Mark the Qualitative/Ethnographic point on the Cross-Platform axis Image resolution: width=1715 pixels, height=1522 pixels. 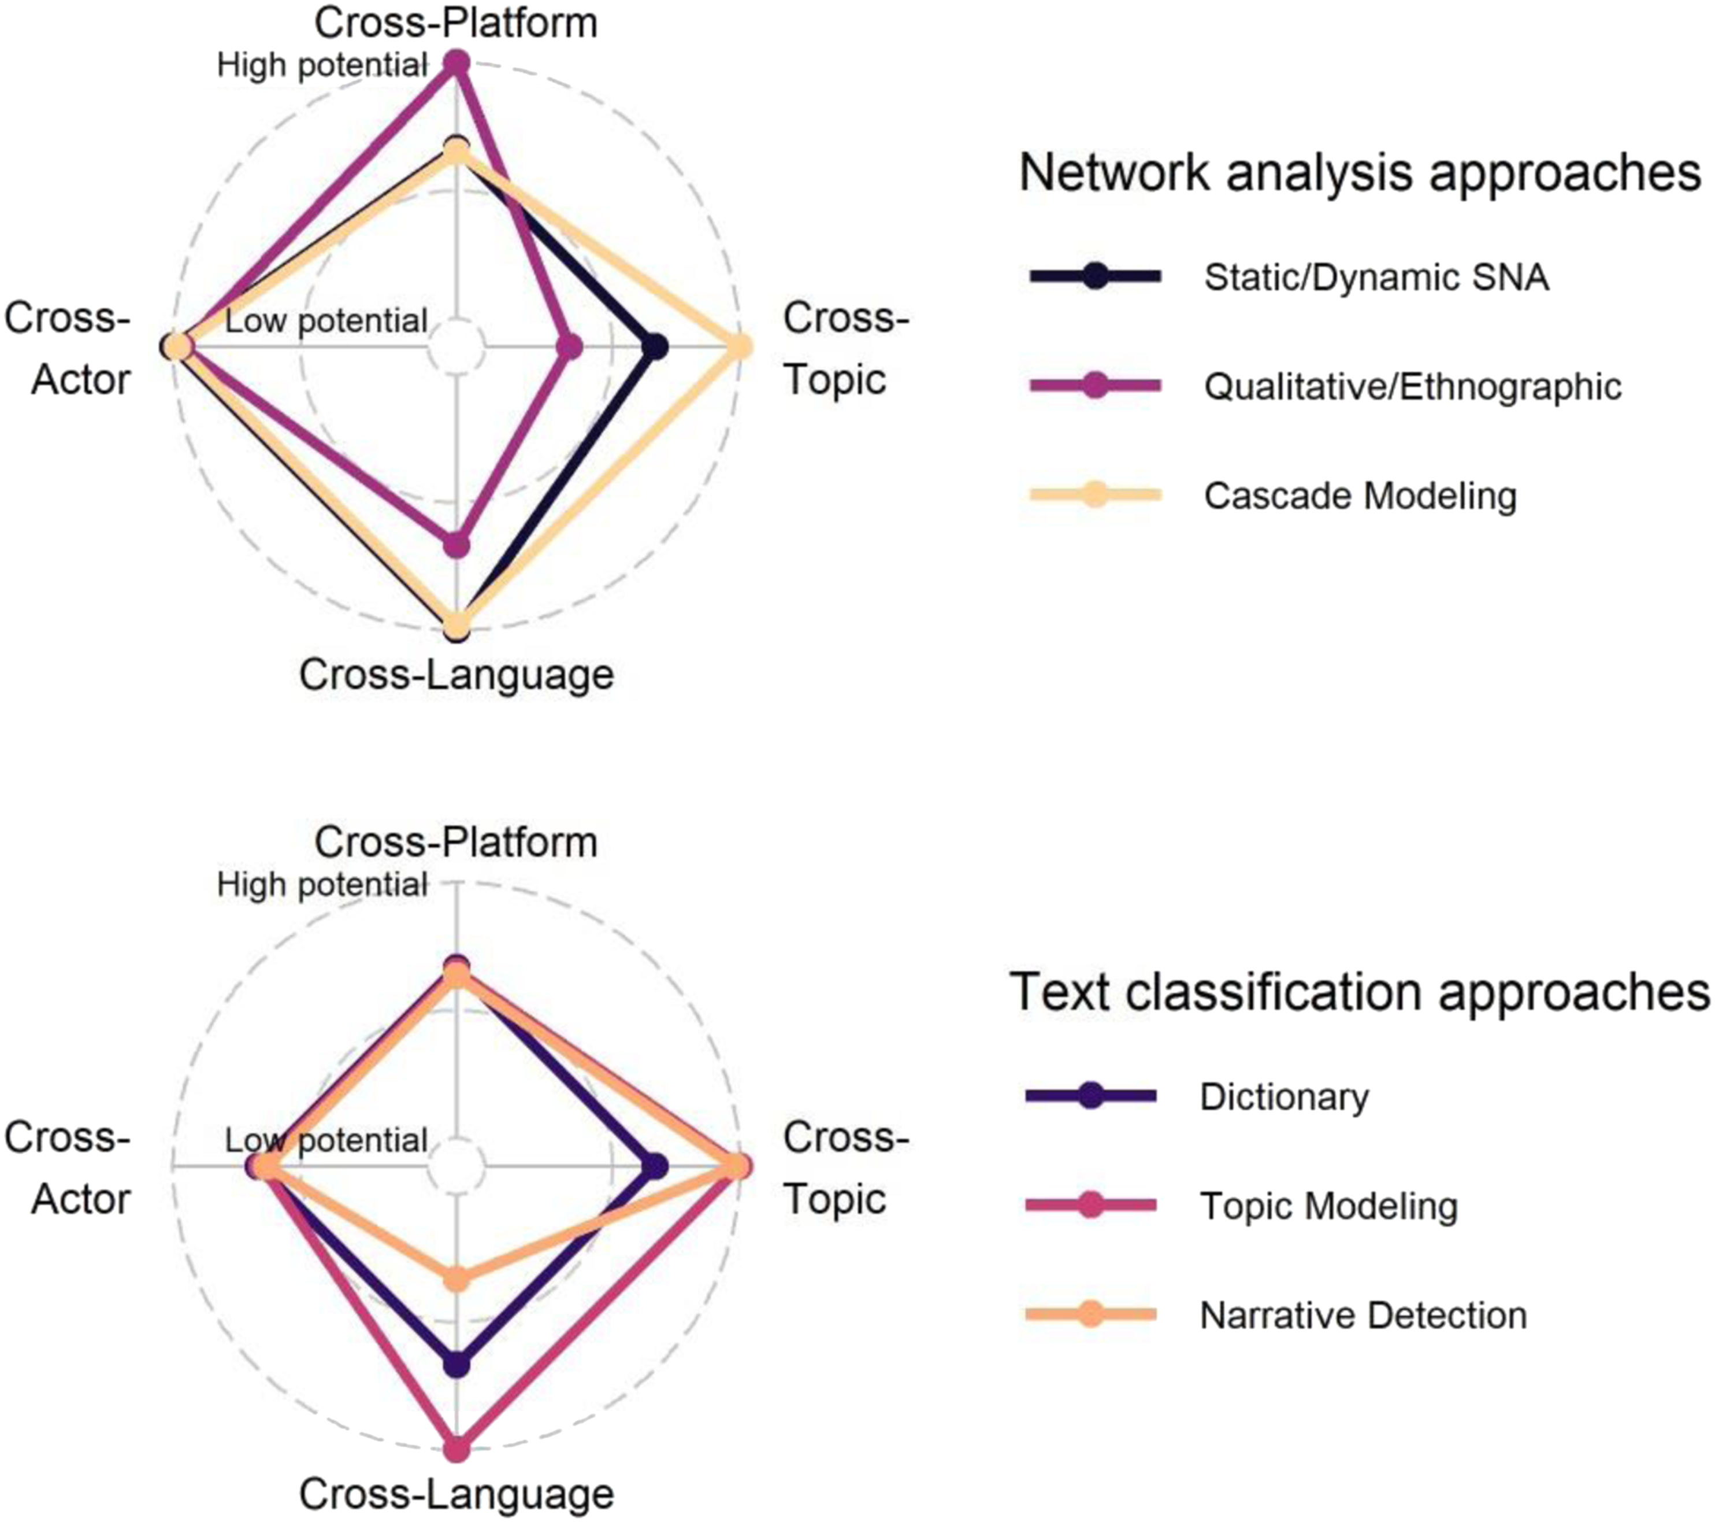[x=456, y=64]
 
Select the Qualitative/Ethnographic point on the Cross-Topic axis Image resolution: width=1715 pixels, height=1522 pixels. [x=570, y=347]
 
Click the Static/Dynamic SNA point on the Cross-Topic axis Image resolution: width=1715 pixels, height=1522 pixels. [x=655, y=347]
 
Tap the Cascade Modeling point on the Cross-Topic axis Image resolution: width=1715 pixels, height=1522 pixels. [x=739, y=347]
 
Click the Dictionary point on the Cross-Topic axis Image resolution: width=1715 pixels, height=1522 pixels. [x=655, y=1167]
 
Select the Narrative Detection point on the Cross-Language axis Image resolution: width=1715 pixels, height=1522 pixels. [x=456, y=1279]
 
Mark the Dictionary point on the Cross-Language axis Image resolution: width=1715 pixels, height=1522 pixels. [x=456, y=1365]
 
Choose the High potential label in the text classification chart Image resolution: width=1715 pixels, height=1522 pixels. [x=322, y=884]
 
